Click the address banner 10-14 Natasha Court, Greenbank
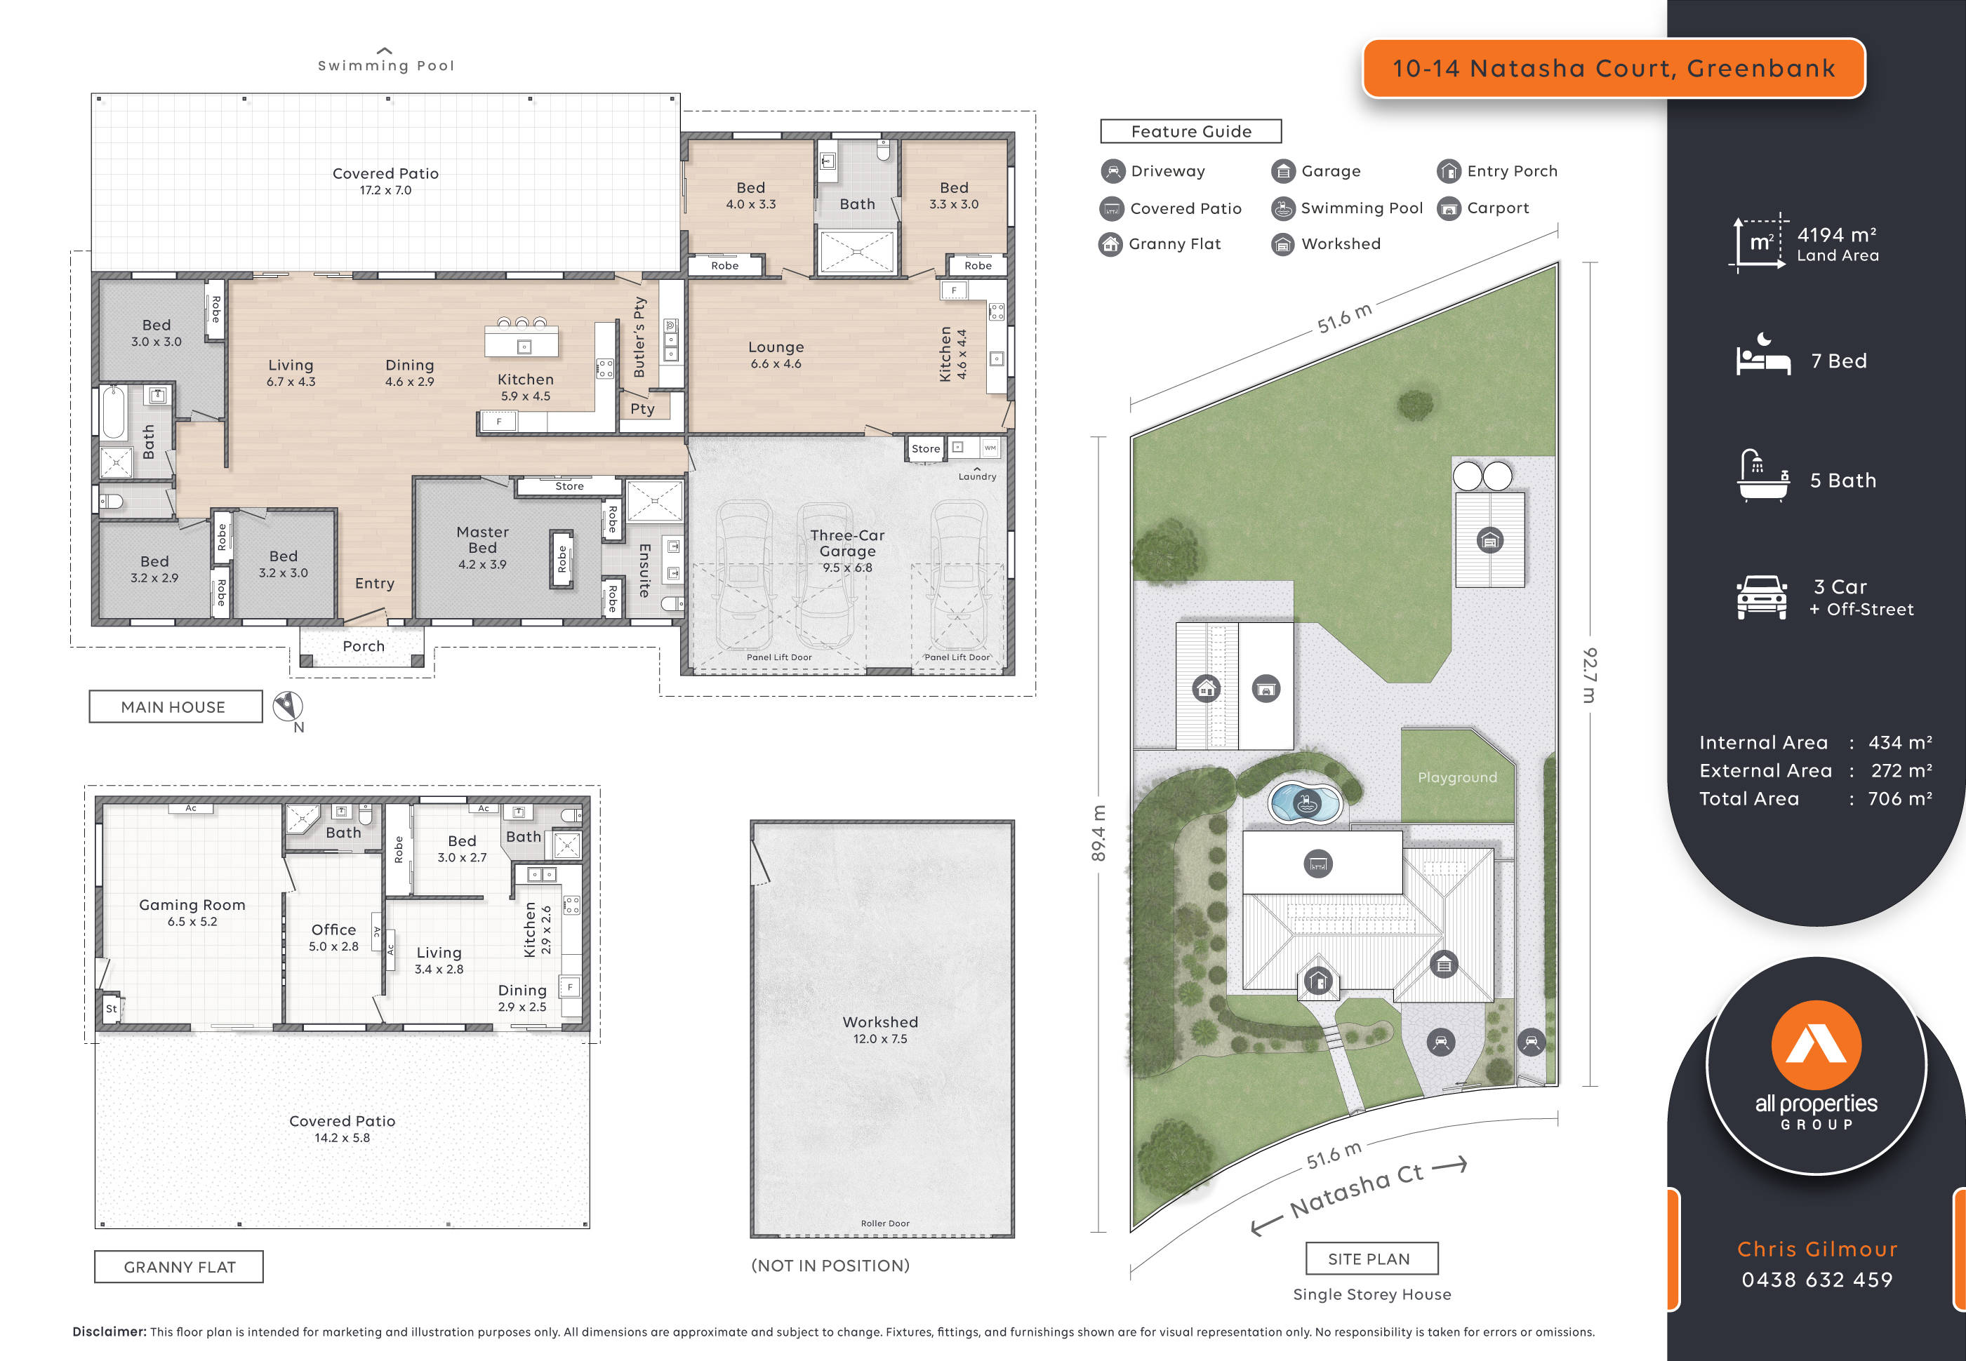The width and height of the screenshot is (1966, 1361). (1613, 68)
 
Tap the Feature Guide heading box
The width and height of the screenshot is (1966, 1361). (1190, 131)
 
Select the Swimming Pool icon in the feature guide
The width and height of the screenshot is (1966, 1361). (1283, 208)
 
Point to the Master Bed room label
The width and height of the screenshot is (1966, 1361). (482, 539)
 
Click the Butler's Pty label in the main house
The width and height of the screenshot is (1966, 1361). (639, 337)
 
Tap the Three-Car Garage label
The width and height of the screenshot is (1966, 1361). (847, 543)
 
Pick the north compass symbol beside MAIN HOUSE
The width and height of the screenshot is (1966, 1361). (288, 706)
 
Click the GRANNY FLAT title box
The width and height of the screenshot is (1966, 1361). (179, 1267)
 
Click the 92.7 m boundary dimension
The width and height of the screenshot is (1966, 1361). (1589, 674)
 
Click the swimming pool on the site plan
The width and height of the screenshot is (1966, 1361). (1304, 803)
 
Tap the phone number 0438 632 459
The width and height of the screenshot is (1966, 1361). (1816, 1280)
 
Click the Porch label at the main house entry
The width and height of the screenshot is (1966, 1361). (364, 646)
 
